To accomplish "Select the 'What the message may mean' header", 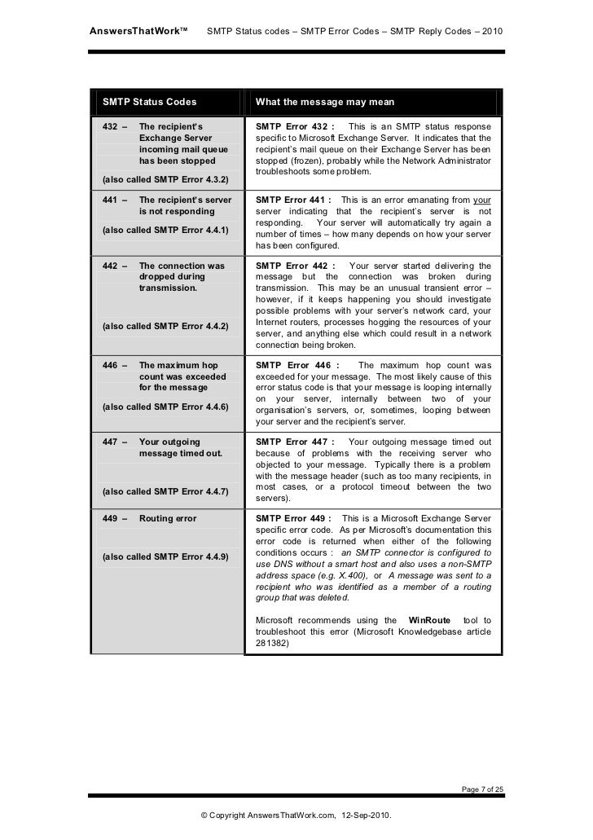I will pos(325,103).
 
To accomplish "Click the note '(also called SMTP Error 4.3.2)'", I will pos(163,178).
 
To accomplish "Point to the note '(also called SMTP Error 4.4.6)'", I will pos(163,406).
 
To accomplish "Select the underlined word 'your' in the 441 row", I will pos(482,200).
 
